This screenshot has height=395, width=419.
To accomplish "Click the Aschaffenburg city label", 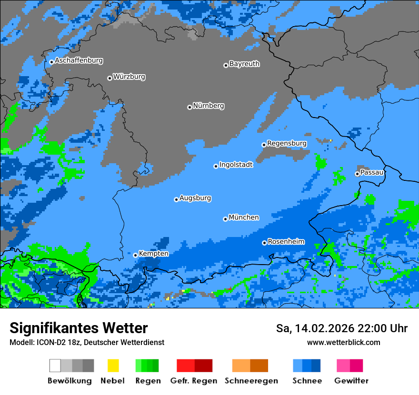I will point(79,61).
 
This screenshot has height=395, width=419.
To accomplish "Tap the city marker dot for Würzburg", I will point(110,78).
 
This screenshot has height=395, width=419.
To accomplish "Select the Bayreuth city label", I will point(244,64).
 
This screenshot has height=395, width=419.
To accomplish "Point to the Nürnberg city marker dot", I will point(190,107).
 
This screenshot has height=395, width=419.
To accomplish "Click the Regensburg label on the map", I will point(287,143).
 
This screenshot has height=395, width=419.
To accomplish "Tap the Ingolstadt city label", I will point(236,165).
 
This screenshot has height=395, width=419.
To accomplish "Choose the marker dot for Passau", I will point(357,174).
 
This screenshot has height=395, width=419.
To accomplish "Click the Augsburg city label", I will point(195,198).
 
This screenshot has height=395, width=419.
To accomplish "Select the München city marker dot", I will point(225,219).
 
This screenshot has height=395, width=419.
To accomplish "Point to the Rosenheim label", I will point(286,242).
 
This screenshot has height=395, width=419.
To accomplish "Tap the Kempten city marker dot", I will point(135,255).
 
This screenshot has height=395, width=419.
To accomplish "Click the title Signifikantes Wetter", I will point(79,328).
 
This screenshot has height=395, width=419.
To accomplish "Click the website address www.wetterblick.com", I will point(343,342).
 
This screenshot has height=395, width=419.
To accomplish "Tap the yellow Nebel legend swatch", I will point(113,365).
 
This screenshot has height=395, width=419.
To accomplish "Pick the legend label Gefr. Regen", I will point(194,381).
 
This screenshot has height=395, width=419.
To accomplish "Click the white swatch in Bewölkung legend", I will point(55,365).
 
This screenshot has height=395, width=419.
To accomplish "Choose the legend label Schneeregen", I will point(251,381).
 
